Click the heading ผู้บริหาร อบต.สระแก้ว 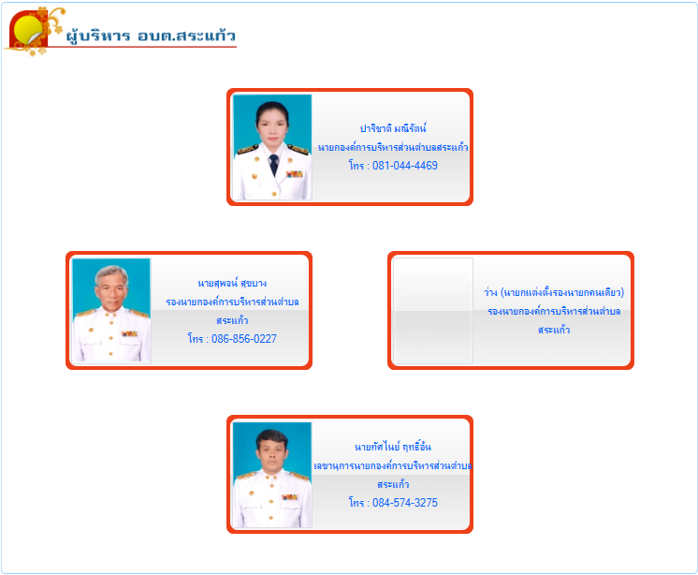(151, 36)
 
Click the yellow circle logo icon (27, 29)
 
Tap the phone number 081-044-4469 (404, 166)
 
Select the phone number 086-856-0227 (244, 339)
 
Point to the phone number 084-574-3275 (404, 503)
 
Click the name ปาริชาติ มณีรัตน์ (393, 128)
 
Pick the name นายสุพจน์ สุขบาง (232, 283)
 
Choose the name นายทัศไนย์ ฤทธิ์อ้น (393, 447)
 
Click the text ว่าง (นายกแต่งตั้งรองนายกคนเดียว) (554, 292)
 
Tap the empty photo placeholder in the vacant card (433, 311)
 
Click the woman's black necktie (274, 164)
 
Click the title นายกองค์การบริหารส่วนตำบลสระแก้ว (393, 147)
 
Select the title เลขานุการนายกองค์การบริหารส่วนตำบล (393, 465)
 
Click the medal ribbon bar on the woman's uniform (294, 174)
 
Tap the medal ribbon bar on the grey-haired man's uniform (129, 333)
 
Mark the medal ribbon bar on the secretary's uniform (290, 497)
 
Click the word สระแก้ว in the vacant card (554, 330)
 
